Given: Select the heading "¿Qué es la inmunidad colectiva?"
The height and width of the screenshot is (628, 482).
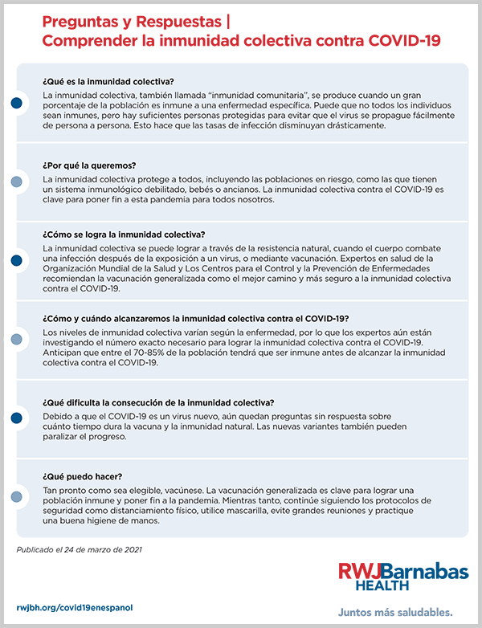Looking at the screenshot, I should coord(108,82).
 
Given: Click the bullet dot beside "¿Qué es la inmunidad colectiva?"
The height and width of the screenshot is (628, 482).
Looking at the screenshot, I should coord(16,104).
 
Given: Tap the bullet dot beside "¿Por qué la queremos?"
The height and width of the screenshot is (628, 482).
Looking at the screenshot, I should coord(16,181).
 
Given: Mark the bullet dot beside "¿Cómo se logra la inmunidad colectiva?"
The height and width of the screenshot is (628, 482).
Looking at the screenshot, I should coord(16,260).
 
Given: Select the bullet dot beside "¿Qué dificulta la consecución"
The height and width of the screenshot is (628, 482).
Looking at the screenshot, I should coord(16,418).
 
